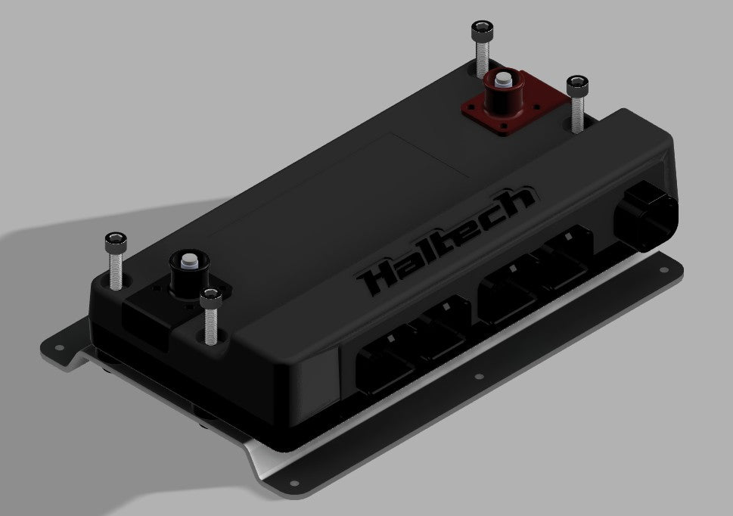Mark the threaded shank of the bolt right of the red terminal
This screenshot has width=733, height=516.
[578, 111]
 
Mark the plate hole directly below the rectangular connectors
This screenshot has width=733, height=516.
[478, 375]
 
